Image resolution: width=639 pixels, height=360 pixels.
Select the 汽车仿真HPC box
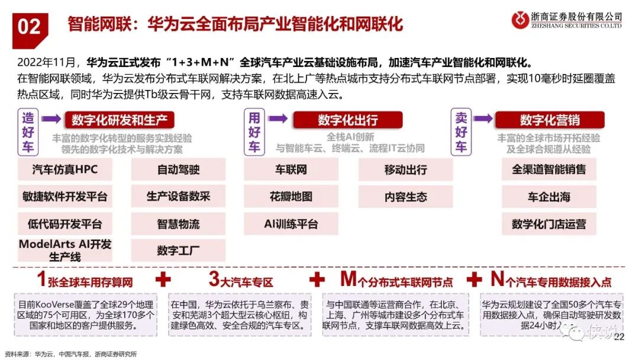point(66,170)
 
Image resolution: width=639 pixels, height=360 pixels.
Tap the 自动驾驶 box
point(178,170)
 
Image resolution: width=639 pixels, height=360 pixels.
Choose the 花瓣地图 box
point(291,197)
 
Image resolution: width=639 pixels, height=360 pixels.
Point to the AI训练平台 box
point(291,224)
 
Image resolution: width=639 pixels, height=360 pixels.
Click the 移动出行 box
point(405,170)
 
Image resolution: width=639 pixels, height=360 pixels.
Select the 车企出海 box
point(548,197)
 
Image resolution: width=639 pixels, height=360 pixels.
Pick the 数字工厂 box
point(178,250)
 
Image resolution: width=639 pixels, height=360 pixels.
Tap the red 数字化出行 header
point(347,120)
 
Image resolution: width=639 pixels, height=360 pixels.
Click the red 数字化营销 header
point(550,120)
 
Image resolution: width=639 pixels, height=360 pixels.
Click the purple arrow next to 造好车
point(51,119)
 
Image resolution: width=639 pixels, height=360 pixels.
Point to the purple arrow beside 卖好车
point(482,119)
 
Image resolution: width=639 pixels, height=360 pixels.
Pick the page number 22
point(619,337)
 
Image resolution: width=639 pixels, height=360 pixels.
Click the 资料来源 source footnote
point(70,354)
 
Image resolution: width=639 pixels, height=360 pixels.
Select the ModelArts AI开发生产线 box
point(66,250)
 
